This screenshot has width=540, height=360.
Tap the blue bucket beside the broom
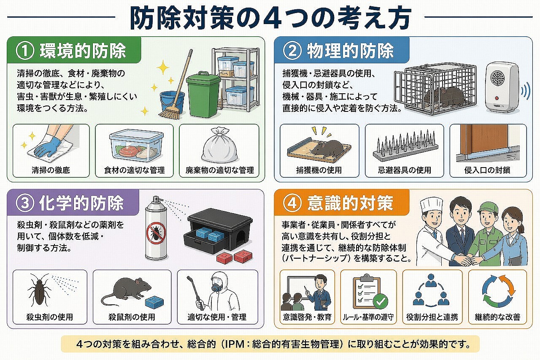click(x=172, y=102)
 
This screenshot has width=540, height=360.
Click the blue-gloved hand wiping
click(x=48, y=146)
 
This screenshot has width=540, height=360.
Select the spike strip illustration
click(x=404, y=146)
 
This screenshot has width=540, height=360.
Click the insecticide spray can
click(x=156, y=230)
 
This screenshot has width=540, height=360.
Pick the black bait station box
click(x=219, y=230)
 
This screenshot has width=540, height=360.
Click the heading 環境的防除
click(x=83, y=51)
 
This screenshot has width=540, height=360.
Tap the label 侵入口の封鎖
click(x=488, y=170)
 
